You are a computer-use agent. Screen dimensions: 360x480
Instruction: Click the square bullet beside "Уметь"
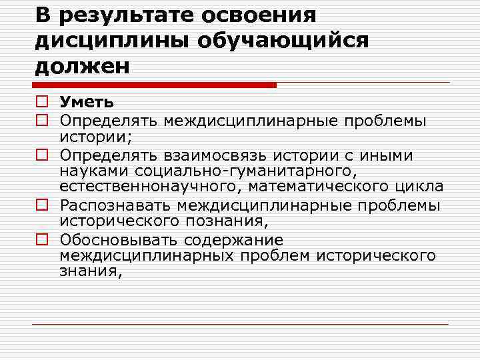coord(42,103)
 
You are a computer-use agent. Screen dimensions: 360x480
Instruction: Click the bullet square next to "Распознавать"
coord(42,205)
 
